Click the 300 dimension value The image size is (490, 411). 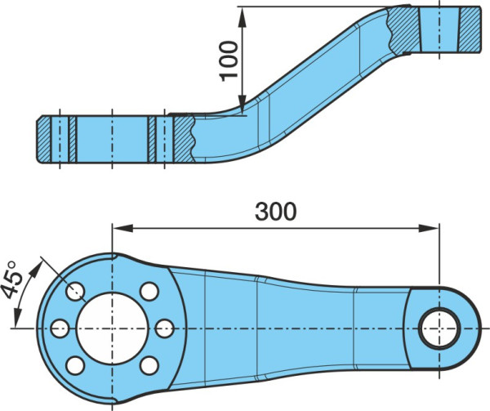275,212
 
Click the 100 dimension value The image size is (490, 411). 229,61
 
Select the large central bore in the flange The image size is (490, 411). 112,328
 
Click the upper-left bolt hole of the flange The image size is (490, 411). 75,291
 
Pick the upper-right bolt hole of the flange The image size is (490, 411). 149,291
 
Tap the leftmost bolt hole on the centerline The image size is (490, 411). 60,328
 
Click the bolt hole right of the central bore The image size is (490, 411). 164,328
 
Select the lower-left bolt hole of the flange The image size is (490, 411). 75,365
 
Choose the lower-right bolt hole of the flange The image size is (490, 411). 149,365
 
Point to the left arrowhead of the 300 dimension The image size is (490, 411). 122,228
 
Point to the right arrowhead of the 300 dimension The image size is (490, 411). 429,228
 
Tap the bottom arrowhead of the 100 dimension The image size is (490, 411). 243,105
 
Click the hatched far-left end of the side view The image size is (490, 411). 43,140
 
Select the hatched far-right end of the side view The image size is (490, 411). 470,29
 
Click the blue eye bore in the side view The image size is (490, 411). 439,29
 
